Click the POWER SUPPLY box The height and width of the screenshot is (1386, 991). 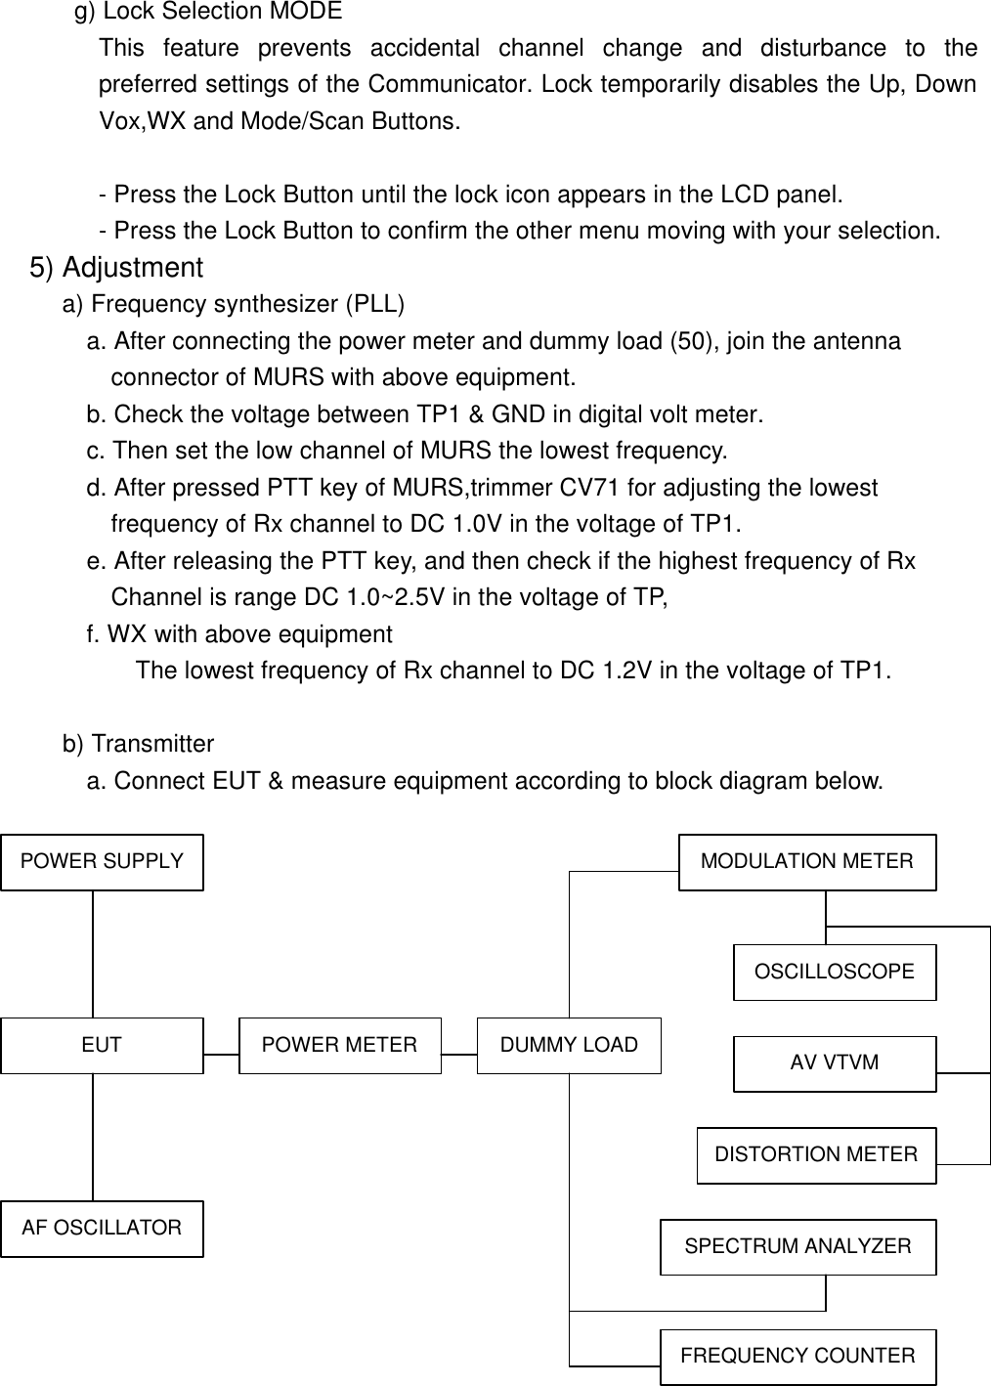pos(102,862)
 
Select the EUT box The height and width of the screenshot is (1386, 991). pos(102,1045)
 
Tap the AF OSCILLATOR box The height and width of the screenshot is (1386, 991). pos(102,1229)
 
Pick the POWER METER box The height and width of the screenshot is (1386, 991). pos(340,1045)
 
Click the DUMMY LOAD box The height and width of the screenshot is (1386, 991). pos(569,1045)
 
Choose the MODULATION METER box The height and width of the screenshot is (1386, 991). pos(807,862)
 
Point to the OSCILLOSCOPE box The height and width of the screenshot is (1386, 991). pos(835,973)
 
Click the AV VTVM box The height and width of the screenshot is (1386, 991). pos(835,1063)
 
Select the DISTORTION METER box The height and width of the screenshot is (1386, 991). pos(816,1155)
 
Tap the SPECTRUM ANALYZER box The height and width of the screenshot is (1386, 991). pos(797,1247)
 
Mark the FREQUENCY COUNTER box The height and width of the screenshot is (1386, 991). pos(797,1357)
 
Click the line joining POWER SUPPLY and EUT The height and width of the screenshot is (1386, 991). pos(94,953)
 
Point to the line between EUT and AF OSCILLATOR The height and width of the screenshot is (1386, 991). pos(94,1137)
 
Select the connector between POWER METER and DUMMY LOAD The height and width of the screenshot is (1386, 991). pos(459,1055)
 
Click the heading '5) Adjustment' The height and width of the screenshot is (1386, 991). pos(117,268)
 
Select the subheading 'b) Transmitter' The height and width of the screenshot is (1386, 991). pos(138,745)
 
